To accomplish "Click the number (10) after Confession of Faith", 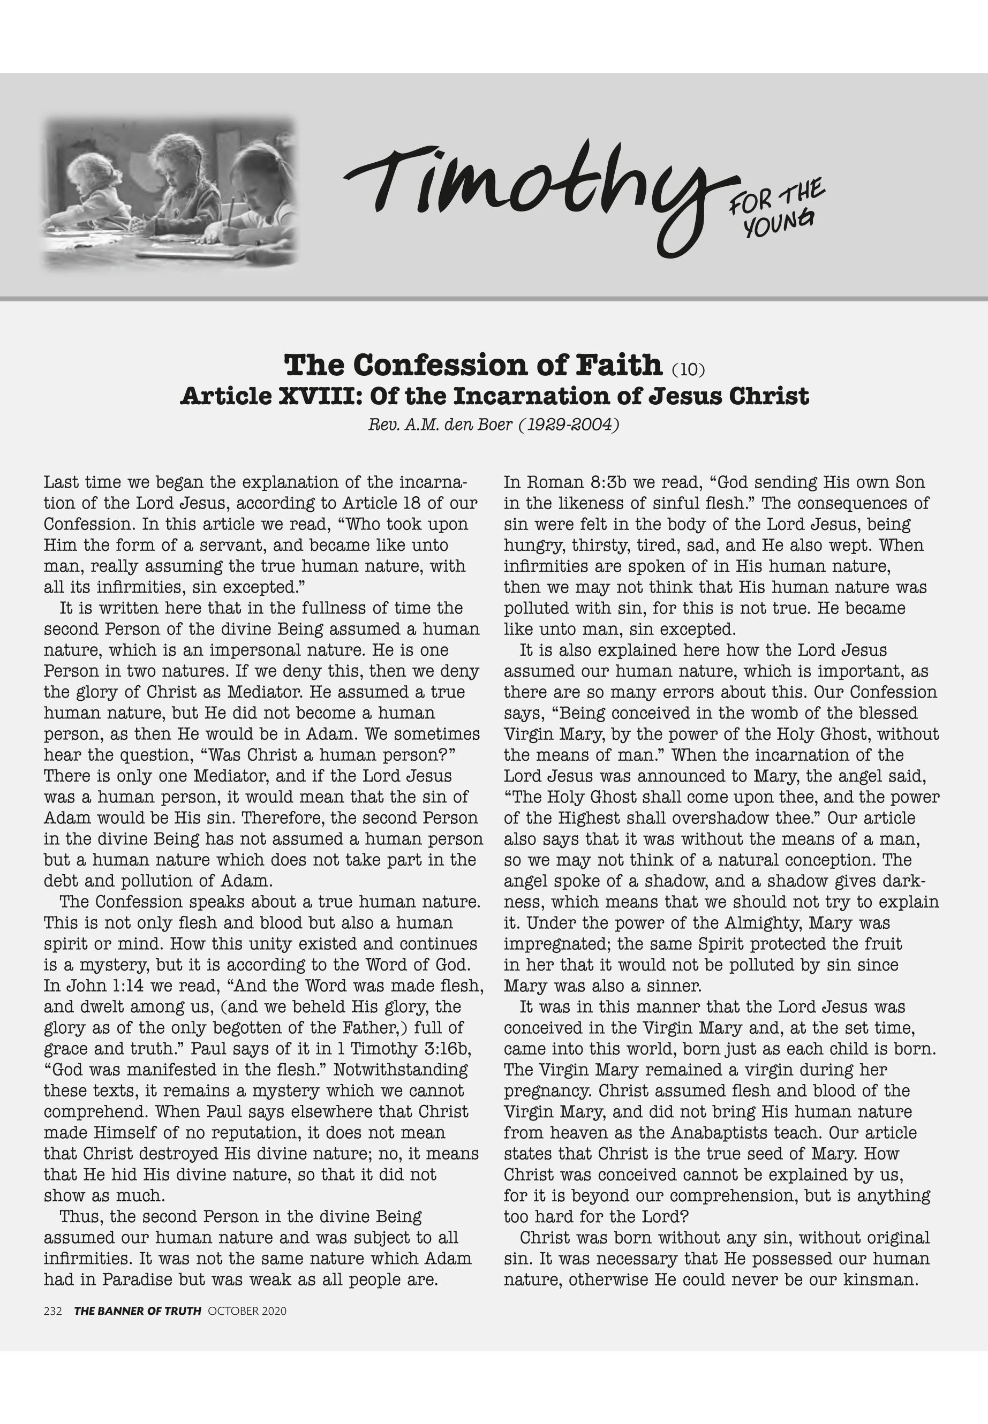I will pyautogui.click(x=688, y=370).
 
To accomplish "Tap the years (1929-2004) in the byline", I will pyautogui.click(x=568, y=425).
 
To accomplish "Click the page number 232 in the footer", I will pyautogui.click(x=52, y=1311).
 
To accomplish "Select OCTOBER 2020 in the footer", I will pyautogui.click(x=247, y=1311).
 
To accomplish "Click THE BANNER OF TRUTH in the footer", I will pyautogui.click(x=138, y=1311).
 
